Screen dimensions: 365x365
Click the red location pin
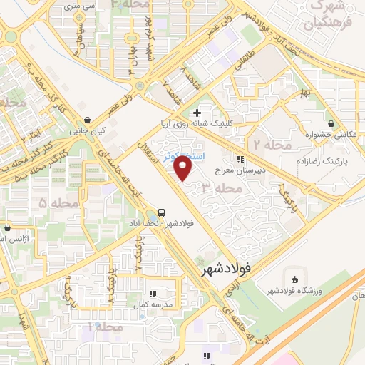(184, 168)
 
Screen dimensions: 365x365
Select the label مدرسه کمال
(153, 304)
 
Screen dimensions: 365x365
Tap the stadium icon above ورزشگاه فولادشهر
(295, 277)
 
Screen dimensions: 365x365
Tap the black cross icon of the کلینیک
(197, 112)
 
